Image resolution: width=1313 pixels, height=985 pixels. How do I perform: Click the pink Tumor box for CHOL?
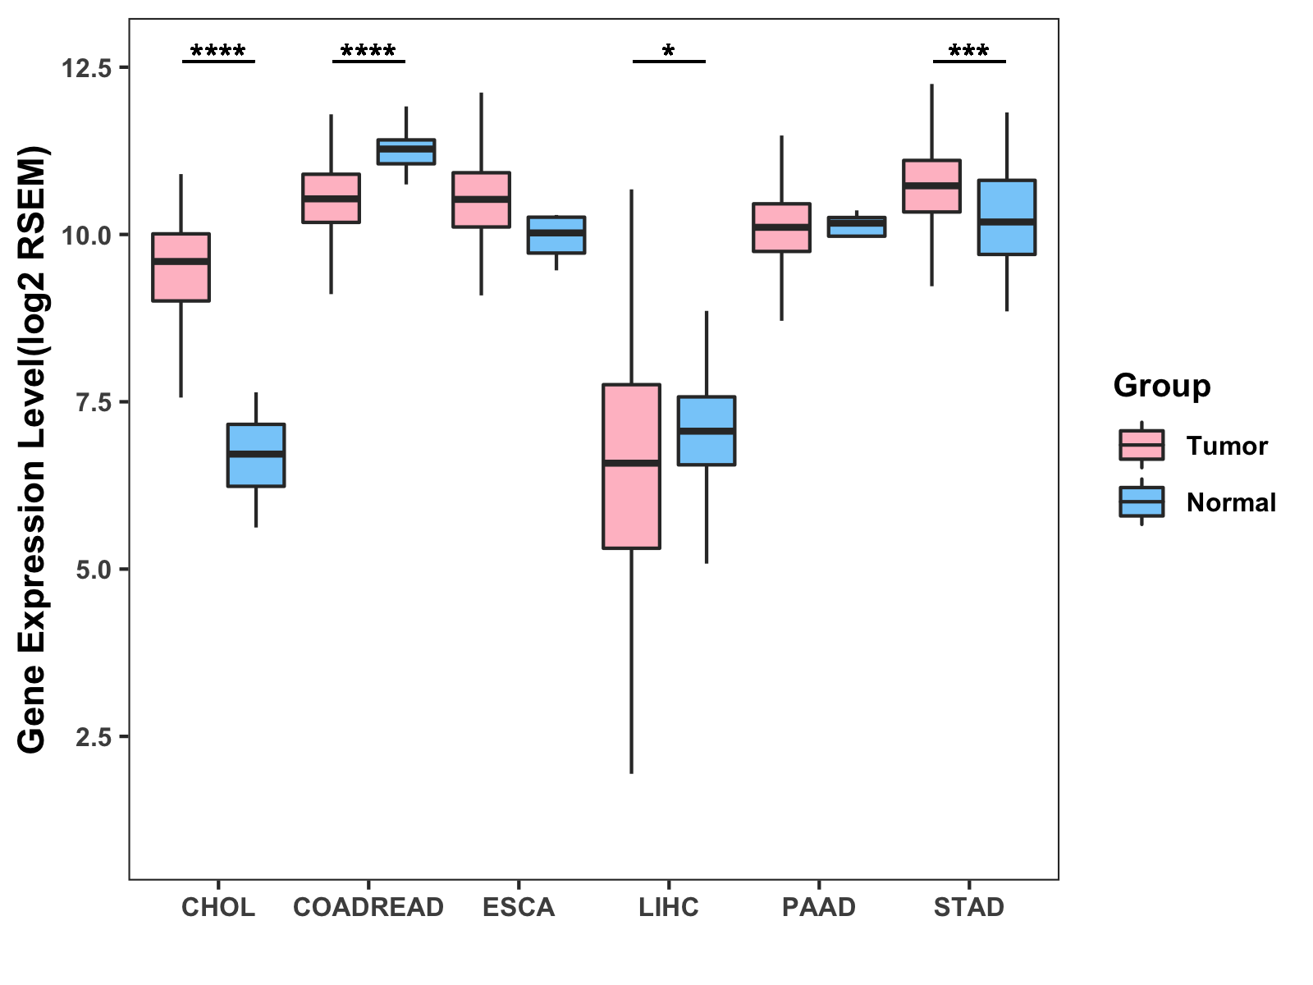pyautogui.click(x=181, y=268)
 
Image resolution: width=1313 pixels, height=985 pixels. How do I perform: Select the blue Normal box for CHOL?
pyautogui.click(x=256, y=456)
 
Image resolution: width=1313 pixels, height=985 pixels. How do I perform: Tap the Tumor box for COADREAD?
pyautogui.click(x=331, y=198)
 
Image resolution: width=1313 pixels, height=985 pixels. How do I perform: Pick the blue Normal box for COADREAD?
pyautogui.click(x=406, y=152)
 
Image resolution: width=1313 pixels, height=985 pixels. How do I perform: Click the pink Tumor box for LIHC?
pyautogui.click(x=631, y=465)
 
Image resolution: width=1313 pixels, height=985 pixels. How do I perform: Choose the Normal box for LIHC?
pyautogui.click(x=706, y=431)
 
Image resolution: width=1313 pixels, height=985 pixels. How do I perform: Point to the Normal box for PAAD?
pyautogui.click(x=857, y=227)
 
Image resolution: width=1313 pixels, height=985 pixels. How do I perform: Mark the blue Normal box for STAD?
pyautogui.click(x=1006, y=218)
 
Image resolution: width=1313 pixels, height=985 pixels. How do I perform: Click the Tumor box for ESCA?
pyautogui.click(x=481, y=199)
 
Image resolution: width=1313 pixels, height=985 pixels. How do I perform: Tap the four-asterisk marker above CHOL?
pyautogui.click(x=218, y=53)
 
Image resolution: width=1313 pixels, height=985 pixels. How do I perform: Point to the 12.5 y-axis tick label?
pyautogui.click(x=86, y=68)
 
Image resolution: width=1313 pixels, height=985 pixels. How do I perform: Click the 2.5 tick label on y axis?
pyautogui.click(x=93, y=737)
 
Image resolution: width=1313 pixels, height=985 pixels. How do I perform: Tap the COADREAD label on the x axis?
pyautogui.click(x=368, y=907)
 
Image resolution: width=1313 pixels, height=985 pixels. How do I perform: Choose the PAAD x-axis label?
pyautogui.click(x=819, y=907)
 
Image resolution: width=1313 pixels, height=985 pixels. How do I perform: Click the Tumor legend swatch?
pyautogui.click(x=1141, y=446)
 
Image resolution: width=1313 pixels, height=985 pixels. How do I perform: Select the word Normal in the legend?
pyautogui.click(x=1231, y=502)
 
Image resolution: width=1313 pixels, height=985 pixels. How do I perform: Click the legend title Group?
pyautogui.click(x=1162, y=386)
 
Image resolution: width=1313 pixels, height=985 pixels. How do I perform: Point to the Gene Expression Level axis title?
pyautogui.click(x=33, y=450)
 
